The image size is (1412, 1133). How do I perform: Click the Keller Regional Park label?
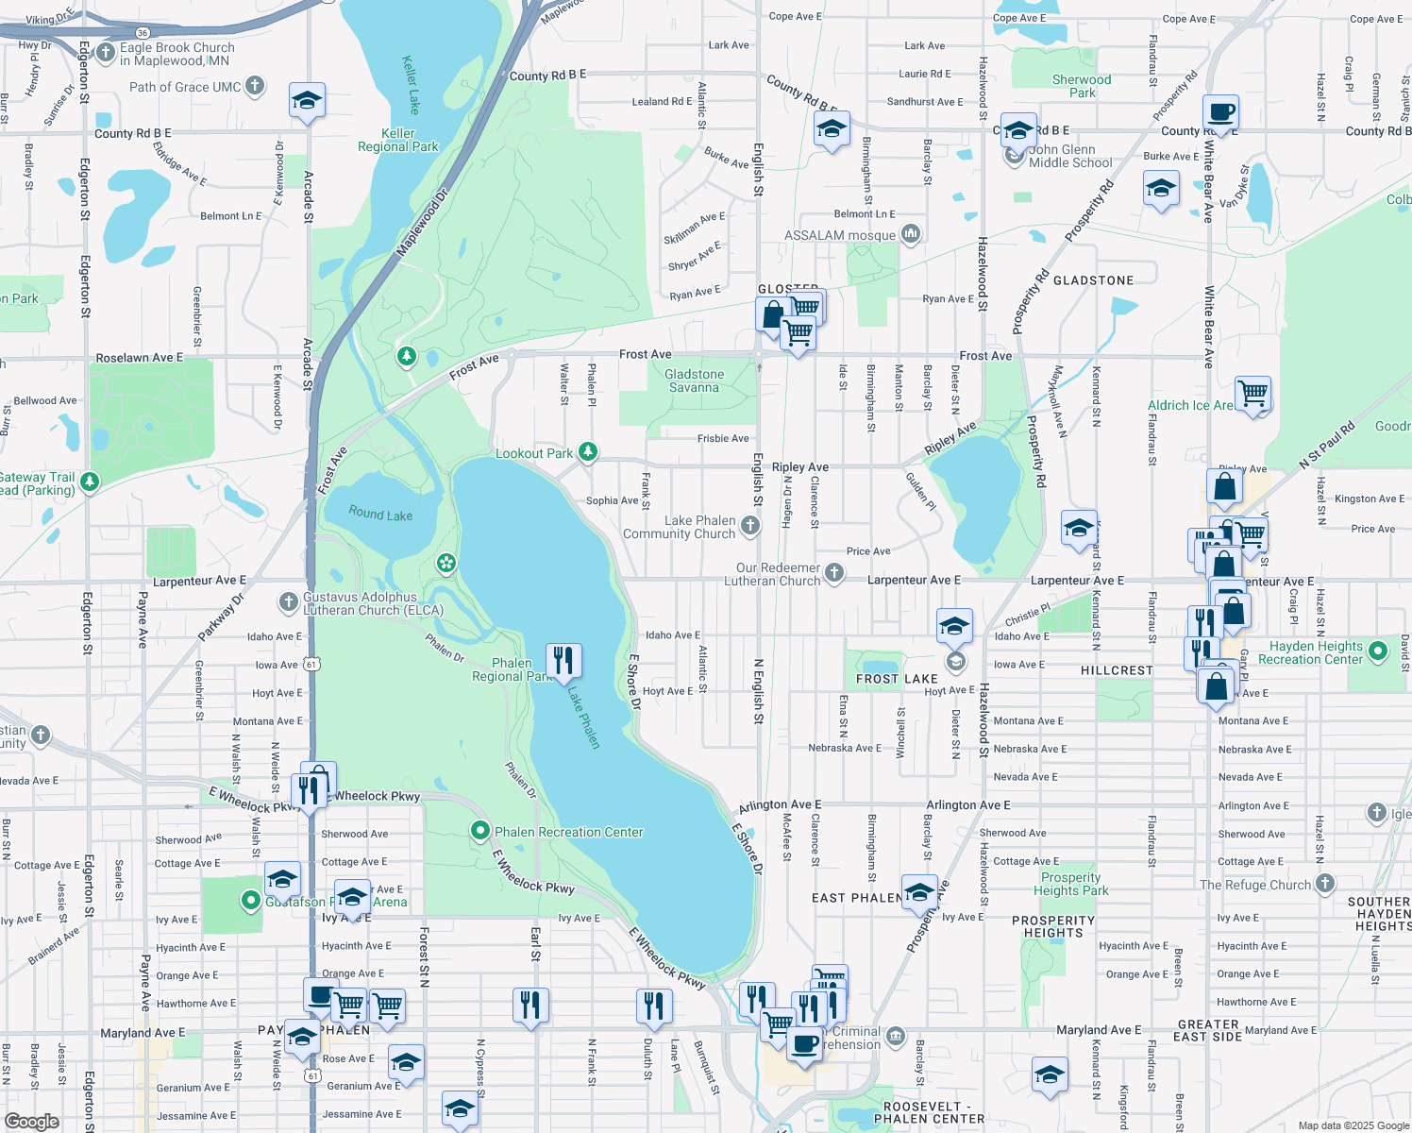[x=397, y=140]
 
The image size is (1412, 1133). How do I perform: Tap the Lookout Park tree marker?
[x=588, y=452]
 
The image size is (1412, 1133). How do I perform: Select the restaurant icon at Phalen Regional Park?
[x=563, y=660]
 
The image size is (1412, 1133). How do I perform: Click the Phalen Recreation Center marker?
[x=480, y=831]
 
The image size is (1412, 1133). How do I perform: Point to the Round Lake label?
[x=380, y=514]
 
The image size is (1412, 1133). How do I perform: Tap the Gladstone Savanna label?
[x=694, y=380]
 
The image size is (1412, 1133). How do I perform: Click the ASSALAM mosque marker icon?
[x=911, y=233]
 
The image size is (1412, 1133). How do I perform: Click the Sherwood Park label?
[x=1082, y=86]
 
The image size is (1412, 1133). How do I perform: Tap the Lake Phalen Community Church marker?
[x=750, y=526]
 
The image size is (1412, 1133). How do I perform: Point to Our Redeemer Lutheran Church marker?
[x=834, y=572]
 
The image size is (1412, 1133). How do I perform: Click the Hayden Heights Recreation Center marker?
[x=1378, y=651]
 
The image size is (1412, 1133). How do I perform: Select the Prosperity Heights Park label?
[x=1070, y=884]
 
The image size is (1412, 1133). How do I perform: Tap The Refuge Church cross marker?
[x=1325, y=884]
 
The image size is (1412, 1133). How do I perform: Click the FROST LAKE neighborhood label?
[x=897, y=679]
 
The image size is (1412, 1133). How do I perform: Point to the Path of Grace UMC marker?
[x=255, y=86]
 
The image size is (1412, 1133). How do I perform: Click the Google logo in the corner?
[x=31, y=1121]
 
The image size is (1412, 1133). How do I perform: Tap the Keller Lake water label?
[x=411, y=85]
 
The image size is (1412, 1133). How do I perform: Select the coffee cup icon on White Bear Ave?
[x=1220, y=111]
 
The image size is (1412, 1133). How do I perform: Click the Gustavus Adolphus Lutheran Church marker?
[x=289, y=601]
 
